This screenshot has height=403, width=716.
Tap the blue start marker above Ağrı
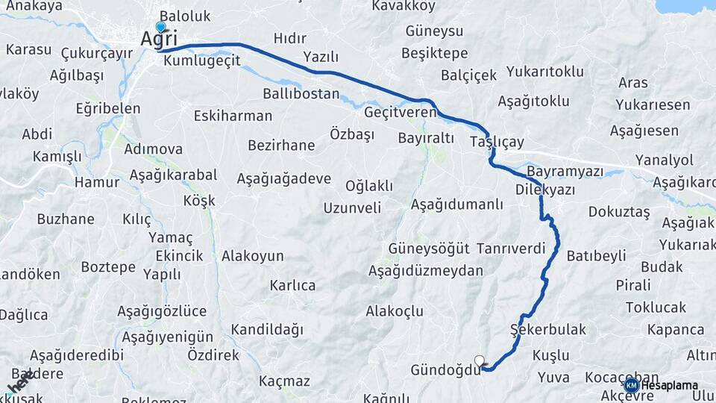pos(160,27)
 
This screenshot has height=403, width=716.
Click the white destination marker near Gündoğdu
pos(480,360)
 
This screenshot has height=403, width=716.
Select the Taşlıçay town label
pos(497,142)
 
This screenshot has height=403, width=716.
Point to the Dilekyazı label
pos(545,190)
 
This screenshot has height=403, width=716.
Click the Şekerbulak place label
pos(548,329)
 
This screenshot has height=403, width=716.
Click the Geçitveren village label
pos(401,112)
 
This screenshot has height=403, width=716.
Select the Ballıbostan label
pos(301,95)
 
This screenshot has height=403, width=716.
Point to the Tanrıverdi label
pos(511,249)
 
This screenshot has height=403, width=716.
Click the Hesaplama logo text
pos(670,385)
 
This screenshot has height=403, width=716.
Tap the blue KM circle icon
pos(631,385)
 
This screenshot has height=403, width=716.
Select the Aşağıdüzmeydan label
pos(426,270)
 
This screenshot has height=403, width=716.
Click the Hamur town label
pos(97,182)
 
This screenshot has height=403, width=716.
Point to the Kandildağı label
pos(268,329)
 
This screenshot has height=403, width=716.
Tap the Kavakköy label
pos(403,7)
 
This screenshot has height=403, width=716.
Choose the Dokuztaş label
pos(619,212)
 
